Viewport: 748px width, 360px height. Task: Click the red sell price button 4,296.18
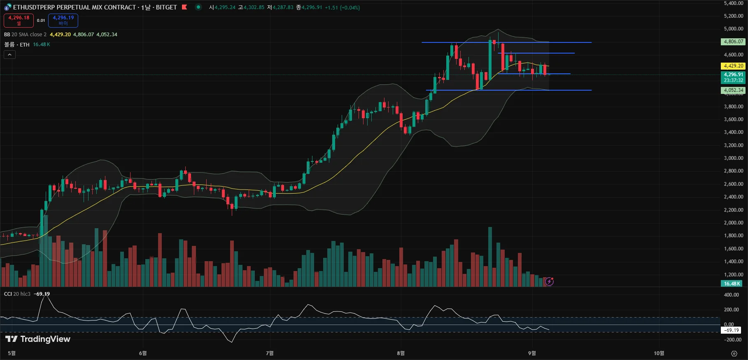click(19, 20)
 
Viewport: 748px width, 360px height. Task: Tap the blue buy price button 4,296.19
click(63, 20)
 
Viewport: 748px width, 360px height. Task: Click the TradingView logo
click(38, 339)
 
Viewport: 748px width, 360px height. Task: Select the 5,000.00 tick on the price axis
click(733, 29)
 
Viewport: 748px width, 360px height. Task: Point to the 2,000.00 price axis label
click(733, 223)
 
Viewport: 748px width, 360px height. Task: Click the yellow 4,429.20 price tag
click(733, 66)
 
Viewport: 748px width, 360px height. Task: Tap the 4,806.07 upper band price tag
click(733, 42)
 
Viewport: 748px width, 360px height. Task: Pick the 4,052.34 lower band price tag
click(733, 90)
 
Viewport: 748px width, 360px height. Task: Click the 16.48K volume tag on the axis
click(732, 284)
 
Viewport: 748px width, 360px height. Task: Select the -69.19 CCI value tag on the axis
click(732, 330)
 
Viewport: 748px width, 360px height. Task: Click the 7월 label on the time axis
click(270, 353)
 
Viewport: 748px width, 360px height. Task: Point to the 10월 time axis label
click(659, 353)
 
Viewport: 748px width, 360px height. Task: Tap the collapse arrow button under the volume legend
click(9, 54)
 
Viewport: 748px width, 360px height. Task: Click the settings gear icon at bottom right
click(734, 353)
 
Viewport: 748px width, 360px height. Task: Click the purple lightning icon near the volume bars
click(549, 282)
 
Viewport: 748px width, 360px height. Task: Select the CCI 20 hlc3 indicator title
click(17, 294)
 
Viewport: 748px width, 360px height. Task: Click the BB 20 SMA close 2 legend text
click(26, 35)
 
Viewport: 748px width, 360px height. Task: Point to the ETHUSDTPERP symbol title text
click(74, 7)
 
